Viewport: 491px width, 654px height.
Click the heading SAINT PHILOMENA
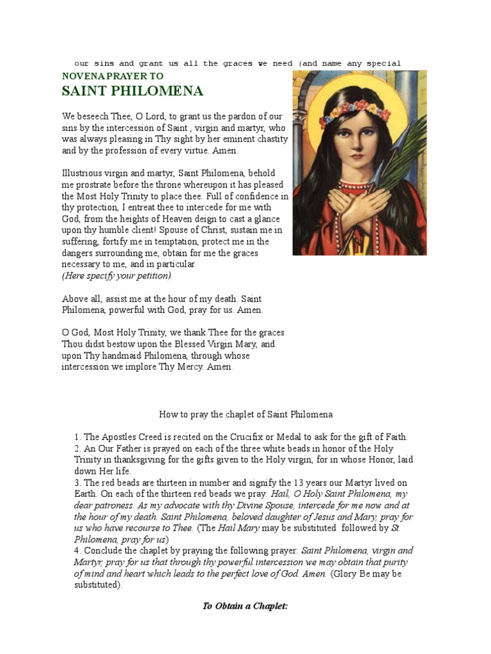pyautogui.click(x=132, y=91)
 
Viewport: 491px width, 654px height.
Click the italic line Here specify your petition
pyautogui.click(x=117, y=276)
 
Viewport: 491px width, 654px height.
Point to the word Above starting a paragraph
pyautogui.click(x=75, y=299)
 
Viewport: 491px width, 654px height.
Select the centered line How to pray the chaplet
pyautogui.click(x=245, y=414)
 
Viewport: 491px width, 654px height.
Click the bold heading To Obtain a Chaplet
pyautogui.click(x=245, y=605)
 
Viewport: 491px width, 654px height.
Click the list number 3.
pyautogui.click(x=77, y=483)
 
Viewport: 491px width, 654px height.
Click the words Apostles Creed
pyautogui.click(x=130, y=437)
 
